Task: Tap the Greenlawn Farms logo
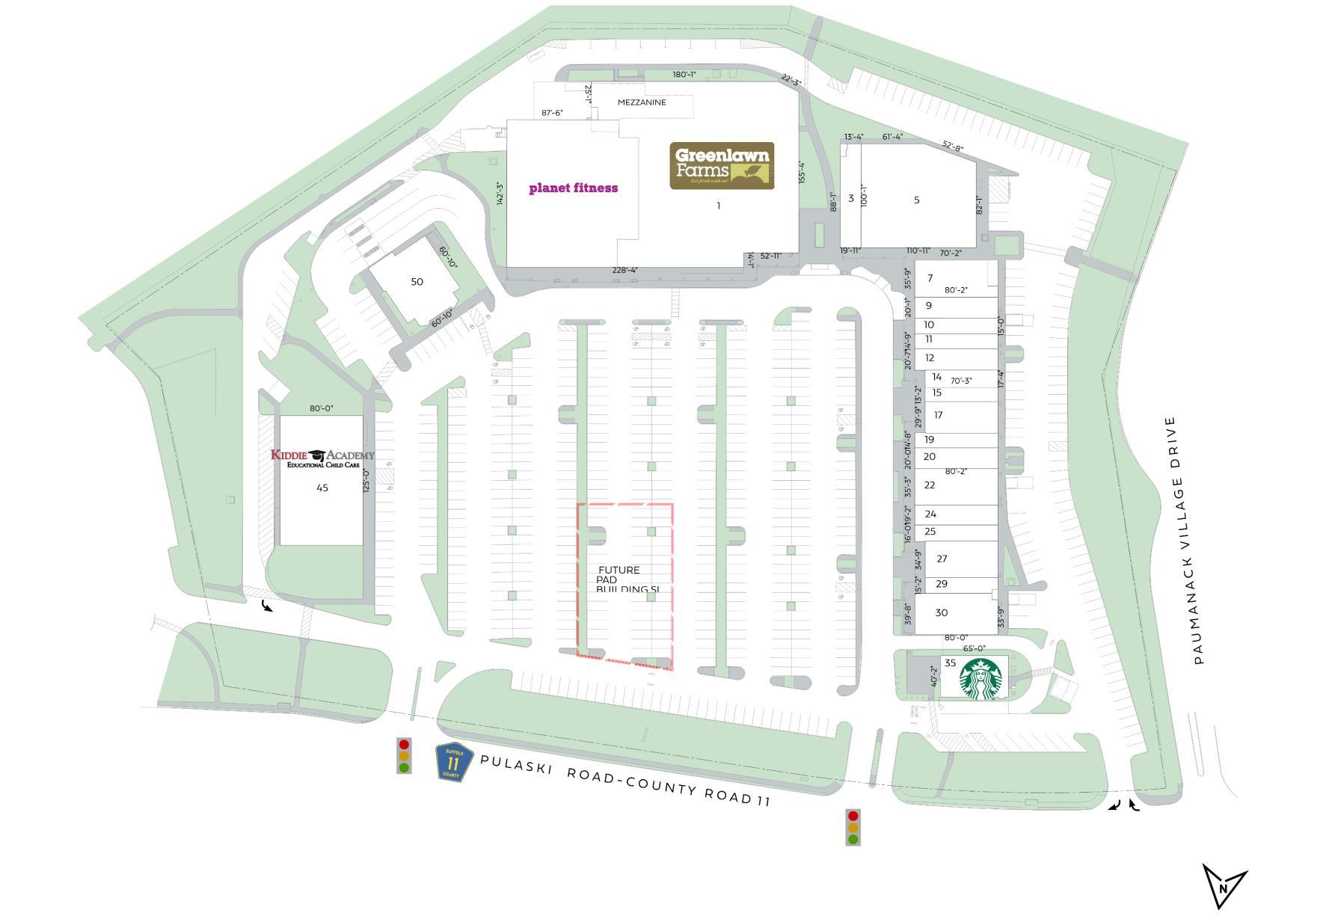[721, 165]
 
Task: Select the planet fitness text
[573, 188]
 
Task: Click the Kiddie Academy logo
[322, 458]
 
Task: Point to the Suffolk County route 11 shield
[453, 762]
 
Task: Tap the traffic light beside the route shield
[404, 756]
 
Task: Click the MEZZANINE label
[641, 102]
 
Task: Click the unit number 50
[417, 282]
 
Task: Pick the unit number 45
[322, 488]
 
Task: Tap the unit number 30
[941, 612]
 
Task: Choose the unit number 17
[938, 415]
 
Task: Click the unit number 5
[916, 200]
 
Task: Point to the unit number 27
[942, 559]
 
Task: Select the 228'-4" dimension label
[624, 270]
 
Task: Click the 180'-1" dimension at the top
[684, 74]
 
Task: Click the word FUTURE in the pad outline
[619, 570]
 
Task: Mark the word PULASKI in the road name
[517, 763]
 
